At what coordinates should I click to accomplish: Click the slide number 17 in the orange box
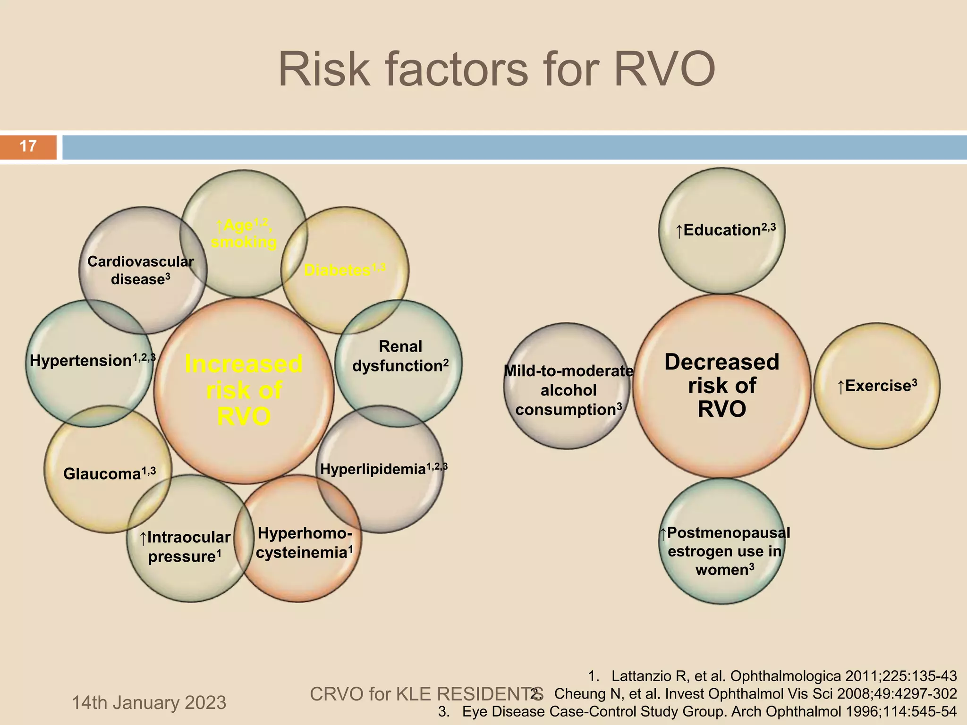(28, 146)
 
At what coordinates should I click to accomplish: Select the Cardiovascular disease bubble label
(141, 270)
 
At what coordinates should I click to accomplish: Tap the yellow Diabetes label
(344, 270)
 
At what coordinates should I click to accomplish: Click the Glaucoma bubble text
(109, 473)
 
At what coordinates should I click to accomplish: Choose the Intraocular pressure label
(185, 547)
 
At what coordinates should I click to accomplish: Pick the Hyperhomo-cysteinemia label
(304, 543)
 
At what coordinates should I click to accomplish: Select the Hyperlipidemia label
(382, 469)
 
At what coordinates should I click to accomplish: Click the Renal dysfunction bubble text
(400, 356)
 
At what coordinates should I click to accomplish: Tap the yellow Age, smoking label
(244, 234)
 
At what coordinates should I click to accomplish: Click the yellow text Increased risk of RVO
(244, 390)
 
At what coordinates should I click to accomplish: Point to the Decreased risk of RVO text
(721, 386)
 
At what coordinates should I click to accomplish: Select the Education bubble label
(725, 230)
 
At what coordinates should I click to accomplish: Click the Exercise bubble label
(877, 386)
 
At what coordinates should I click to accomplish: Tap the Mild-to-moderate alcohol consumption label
(568, 390)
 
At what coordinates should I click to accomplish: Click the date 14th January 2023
(149, 703)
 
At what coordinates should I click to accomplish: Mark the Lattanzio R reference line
(772, 676)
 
